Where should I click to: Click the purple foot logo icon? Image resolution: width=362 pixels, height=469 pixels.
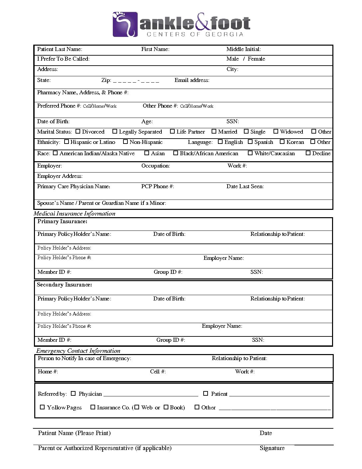[125, 24]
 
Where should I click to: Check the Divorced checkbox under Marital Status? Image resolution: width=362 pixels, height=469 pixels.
[78, 132]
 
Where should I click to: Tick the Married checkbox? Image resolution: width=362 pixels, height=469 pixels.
[214, 132]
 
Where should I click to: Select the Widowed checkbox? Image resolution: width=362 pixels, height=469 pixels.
[276, 132]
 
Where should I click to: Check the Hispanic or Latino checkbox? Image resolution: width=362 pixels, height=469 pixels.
[67, 142]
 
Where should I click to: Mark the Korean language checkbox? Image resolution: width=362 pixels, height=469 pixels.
[282, 142]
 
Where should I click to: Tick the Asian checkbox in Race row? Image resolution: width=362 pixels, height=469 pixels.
[147, 153]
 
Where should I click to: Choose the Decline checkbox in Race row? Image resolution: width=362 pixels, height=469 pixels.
[308, 153]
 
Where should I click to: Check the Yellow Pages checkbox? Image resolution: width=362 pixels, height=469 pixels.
[42, 407]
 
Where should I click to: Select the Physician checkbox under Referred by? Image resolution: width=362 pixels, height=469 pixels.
[74, 393]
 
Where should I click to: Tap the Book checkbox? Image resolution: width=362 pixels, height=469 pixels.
[166, 407]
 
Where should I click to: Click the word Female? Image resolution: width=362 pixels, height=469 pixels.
[256, 59]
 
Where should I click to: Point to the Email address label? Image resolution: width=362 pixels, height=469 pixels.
[192, 80]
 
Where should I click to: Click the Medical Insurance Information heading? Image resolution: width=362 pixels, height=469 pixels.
[75, 214]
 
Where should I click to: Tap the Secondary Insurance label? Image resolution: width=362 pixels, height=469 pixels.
[64, 285]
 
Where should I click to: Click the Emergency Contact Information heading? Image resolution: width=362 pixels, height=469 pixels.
[78, 351]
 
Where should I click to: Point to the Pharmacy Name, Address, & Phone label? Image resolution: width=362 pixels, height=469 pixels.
[83, 93]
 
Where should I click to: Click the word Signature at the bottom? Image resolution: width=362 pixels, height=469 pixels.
[272, 448]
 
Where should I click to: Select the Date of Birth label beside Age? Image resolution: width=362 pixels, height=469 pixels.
[53, 122]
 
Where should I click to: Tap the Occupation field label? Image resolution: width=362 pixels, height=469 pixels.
[155, 166]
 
